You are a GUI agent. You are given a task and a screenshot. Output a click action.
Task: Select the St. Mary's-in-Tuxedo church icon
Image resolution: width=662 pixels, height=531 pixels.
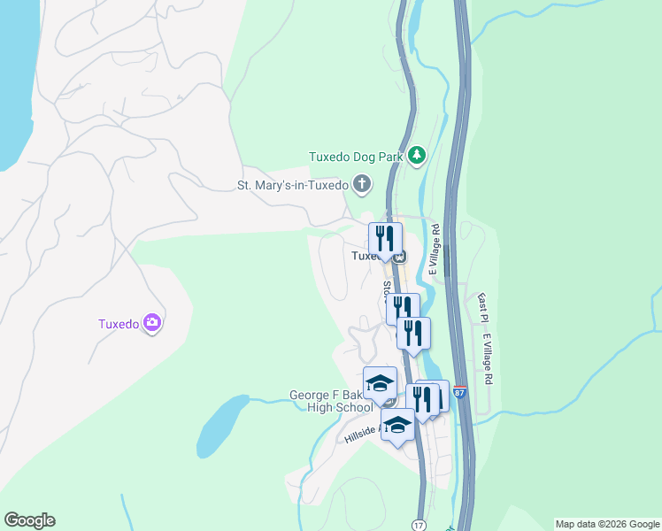pos(361,185)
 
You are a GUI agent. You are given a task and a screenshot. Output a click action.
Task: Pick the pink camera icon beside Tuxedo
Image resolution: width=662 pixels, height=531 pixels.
pos(153,323)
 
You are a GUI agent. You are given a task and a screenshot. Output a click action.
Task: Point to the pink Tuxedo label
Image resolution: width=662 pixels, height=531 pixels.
pos(119,324)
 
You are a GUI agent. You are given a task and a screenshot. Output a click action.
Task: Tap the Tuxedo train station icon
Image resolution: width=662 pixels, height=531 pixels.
pos(399,257)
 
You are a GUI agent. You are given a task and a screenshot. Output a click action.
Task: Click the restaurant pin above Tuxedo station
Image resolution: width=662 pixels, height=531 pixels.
pos(385,238)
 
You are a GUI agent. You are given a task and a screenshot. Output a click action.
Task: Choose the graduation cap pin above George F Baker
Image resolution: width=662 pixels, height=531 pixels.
pos(380,382)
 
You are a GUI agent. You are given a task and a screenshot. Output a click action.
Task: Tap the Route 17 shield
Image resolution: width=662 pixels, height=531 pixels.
pos(419,525)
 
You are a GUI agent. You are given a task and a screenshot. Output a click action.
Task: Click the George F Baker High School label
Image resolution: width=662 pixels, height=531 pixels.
pos(331,402)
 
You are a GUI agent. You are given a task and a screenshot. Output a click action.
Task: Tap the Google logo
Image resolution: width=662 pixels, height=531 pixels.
pos(29,520)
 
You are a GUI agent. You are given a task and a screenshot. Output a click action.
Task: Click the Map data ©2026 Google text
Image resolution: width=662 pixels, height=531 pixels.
pos(607,524)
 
